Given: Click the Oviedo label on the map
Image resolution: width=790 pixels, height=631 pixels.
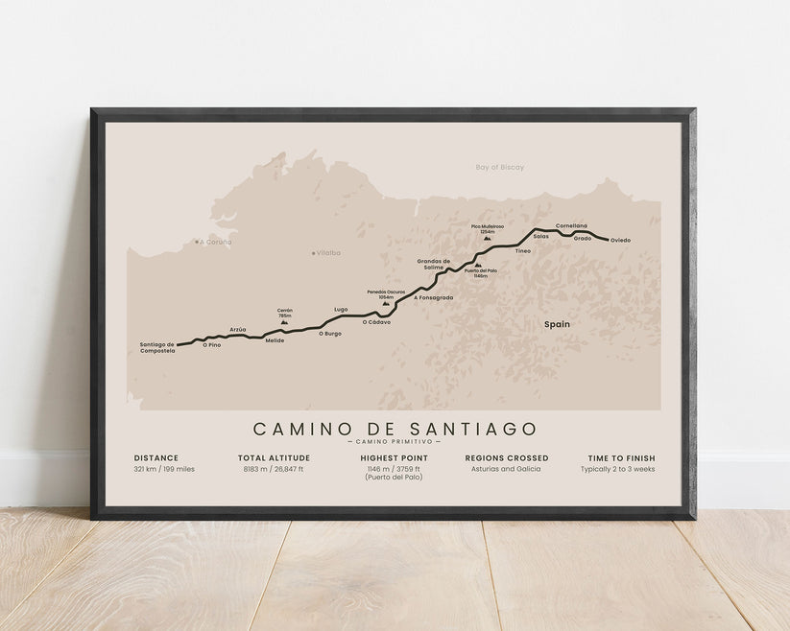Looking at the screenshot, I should (620, 240).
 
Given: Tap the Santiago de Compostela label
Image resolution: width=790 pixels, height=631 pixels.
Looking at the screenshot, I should (156, 347).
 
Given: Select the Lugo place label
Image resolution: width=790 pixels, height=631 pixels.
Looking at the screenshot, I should (341, 309).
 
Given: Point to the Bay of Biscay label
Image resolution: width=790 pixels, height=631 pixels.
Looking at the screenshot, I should (499, 167).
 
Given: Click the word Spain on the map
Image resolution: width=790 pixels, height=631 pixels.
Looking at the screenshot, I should (557, 324).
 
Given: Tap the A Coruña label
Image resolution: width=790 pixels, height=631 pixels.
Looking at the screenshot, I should (215, 242).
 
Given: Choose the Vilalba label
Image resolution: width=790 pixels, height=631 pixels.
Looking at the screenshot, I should (328, 253).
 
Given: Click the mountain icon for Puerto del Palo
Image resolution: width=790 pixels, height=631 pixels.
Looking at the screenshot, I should (478, 264).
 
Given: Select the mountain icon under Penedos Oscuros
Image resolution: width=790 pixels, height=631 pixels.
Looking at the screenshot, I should (386, 303).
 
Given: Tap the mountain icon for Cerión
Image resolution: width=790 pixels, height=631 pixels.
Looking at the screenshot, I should (284, 322).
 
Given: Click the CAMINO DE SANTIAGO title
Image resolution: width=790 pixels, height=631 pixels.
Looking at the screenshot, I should (395, 429).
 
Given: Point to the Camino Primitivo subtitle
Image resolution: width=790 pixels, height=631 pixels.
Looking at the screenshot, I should (395, 441).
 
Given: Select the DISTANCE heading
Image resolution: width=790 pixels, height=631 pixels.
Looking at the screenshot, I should (156, 458).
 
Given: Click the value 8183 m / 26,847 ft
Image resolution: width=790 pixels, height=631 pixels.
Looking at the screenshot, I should (273, 469).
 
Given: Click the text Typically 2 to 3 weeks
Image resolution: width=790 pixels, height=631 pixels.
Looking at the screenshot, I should (617, 469).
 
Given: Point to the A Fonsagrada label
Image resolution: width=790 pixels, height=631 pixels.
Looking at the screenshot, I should (433, 297).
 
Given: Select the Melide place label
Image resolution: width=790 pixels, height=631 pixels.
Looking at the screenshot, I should (275, 340).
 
